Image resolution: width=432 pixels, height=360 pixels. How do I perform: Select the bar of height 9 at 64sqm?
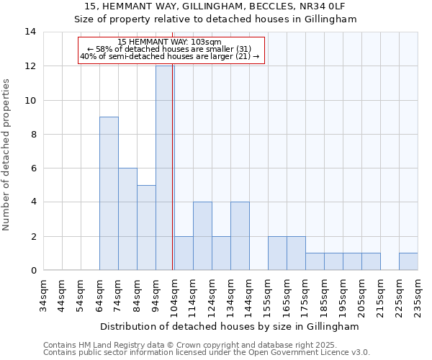click(109, 194)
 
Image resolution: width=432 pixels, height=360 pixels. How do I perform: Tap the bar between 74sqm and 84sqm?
click(127, 219)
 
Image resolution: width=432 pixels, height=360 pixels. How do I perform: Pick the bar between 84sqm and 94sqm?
click(146, 228)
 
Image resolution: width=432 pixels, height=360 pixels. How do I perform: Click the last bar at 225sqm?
click(408, 261)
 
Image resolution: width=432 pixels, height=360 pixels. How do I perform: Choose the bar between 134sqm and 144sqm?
click(240, 236)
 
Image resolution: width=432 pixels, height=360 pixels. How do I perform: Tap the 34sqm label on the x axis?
click(43, 295)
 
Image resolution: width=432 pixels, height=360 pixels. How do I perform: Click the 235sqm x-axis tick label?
click(418, 295)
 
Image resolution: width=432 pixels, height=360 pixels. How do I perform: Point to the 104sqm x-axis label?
click(174, 295)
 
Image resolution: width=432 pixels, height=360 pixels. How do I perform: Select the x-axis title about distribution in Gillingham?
click(230, 326)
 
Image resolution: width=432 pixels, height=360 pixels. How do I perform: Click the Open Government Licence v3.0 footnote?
click(292, 353)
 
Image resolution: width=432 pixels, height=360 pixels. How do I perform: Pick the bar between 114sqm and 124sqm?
click(202, 236)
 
